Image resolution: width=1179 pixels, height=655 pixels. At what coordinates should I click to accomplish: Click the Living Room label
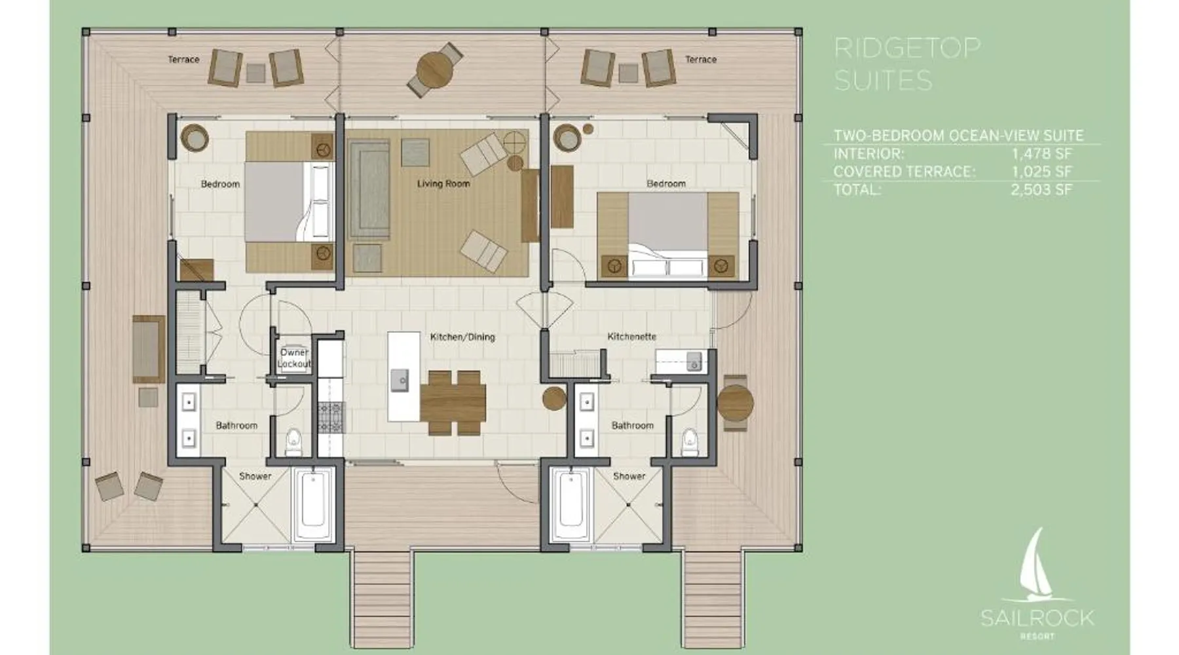click(443, 184)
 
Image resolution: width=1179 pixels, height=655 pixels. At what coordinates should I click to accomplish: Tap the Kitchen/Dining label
click(462, 337)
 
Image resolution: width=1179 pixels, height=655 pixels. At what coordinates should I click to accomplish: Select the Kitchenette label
click(631, 337)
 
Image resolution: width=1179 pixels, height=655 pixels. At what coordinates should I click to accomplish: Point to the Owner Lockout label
click(295, 358)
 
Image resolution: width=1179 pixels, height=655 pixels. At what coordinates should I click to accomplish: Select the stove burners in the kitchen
click(331, 417)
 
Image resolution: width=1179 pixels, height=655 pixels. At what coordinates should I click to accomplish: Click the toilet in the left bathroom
click(294, 442)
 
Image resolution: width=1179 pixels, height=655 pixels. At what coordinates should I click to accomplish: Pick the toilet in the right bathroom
click(690, 442)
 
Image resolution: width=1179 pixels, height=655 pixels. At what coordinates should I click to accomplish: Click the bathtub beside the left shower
click(313, 504)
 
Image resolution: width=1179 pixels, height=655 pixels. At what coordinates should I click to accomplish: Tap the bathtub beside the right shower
click(572, 504)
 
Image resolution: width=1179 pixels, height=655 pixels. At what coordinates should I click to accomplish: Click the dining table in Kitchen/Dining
click(453, 401)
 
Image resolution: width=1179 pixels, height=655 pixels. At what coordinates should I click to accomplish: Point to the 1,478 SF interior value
click(1041, 154)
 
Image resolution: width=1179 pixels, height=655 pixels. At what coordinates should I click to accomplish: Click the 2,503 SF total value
click(1041, 190)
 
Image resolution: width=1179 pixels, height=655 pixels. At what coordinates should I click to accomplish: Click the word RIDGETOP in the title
click(907, 48)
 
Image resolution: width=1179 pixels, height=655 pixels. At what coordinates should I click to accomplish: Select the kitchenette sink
click(693, 362)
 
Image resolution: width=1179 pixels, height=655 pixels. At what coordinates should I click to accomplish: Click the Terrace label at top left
click(183, 60)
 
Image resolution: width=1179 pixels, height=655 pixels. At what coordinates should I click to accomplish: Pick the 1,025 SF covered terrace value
click(1041, 172)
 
